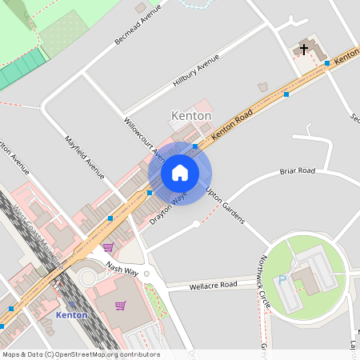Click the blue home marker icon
pyautogui.click(x=180, y=173)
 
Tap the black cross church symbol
pyautogui.click(x=303, y=50)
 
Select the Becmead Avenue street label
pyautogui.click(x=138, y=23)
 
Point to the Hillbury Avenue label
pyautogui.click(x=196, y=72)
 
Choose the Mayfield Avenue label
pyautogui.click(x=85, y=157)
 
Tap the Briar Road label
pyautogui.click(x=297, y=171)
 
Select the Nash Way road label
pyautogui.click(x=122, y=271)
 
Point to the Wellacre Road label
pyautogui.click(x=213, y=285)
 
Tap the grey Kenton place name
pyautogui.click(x=191, y=116)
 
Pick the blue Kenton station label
pyautogui.click(x=71, y=315)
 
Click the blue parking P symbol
pyautogui.click(x=282, y=280)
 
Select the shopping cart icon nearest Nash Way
pyautogui.click(x=108, y=247)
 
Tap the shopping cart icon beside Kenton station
pyautogui.click(x=121, y=305)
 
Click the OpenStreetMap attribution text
pyautogui.click(x=80, y=354)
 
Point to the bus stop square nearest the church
pyautogui.click(x=326, y=62)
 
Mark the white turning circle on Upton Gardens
pyautogui.click(x=196, y=224)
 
